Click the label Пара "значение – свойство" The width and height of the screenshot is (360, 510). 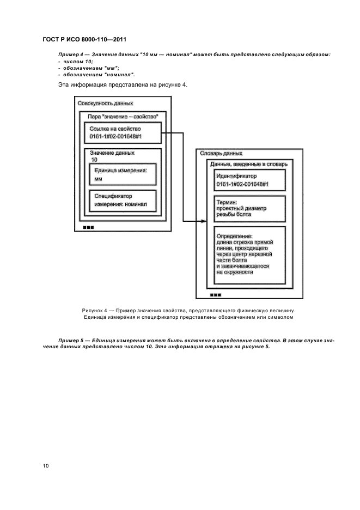pyautogui.click(x=120, y=116)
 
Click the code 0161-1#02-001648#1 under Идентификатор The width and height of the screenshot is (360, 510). pyautogui.click(x=242, y=185)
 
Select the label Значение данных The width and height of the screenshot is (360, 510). pyautogui.click(x=112, y=153)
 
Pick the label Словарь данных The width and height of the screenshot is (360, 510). pyautogui.click(x=221, y=153)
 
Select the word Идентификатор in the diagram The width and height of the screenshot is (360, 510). pyautogui.click(x=237, y=176)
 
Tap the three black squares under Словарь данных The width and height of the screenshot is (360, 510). pyautogui.click(x=215, y=294)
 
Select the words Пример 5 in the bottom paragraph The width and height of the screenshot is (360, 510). pyautogui.click(x=70, y=339)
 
